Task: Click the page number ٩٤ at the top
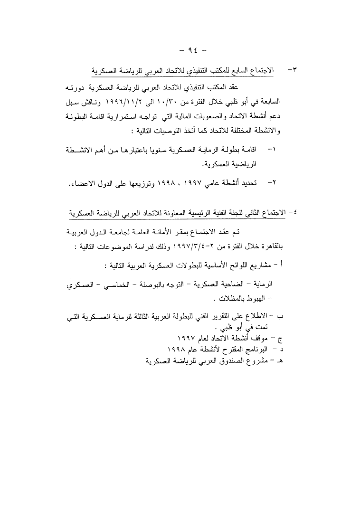point(180,49)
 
